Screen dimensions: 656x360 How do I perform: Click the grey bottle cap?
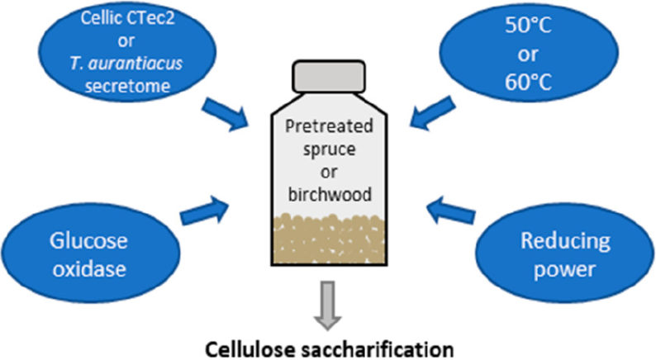(x=329, y=77)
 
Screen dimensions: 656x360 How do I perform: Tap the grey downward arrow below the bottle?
(x=328, y=306)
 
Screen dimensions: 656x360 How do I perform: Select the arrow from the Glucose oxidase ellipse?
(x=205, y=211)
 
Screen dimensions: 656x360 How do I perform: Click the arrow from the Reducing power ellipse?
(x=451, y=211)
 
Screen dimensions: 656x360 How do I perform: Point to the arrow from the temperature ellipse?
(x=432, y=113)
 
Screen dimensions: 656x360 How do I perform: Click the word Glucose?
(x=88, y=241)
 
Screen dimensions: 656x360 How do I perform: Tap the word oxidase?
(x=89, y=269)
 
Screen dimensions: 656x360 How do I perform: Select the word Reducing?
(x=565, y=242)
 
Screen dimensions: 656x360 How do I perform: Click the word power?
(x=565, y=269)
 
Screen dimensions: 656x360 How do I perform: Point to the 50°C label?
(x=528, y=26)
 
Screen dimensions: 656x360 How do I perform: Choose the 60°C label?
(x=528, y=82)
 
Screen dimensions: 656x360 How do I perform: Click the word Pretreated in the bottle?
(x=329, y=126)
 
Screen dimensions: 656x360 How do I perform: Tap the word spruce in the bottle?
(x=330, y=149)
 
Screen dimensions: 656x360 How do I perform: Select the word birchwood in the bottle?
(x=330, y=194)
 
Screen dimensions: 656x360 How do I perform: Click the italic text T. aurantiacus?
(x=126, y=64)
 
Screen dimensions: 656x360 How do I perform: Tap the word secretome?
(x=127, y=86)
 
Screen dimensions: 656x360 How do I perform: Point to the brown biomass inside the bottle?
(x=329, y=239)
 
